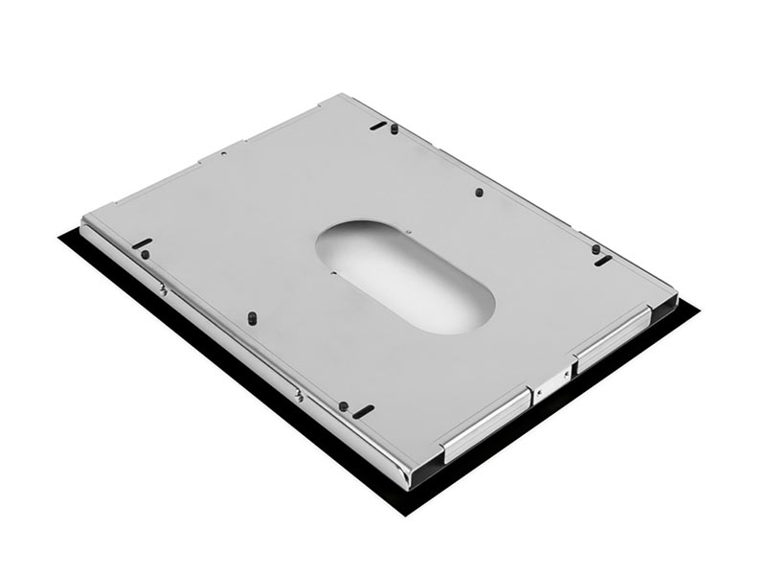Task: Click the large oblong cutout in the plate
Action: pos(406,276)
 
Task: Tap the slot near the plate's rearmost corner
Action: pos(378,125)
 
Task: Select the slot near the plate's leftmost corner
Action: pos(142,242)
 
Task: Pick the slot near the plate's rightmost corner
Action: pos(603,260)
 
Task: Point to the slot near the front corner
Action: pos(363,412)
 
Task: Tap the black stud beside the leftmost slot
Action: pos(145,255)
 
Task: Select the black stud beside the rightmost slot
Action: pos(596,249)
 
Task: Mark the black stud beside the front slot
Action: pos(342,404)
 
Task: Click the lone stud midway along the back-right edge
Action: pos(479,192)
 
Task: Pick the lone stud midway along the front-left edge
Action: pos(251,315)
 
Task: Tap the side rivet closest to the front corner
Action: pos(300,394)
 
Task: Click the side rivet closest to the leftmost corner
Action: pos(164,288)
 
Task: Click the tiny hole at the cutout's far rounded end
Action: pos(407,231)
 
